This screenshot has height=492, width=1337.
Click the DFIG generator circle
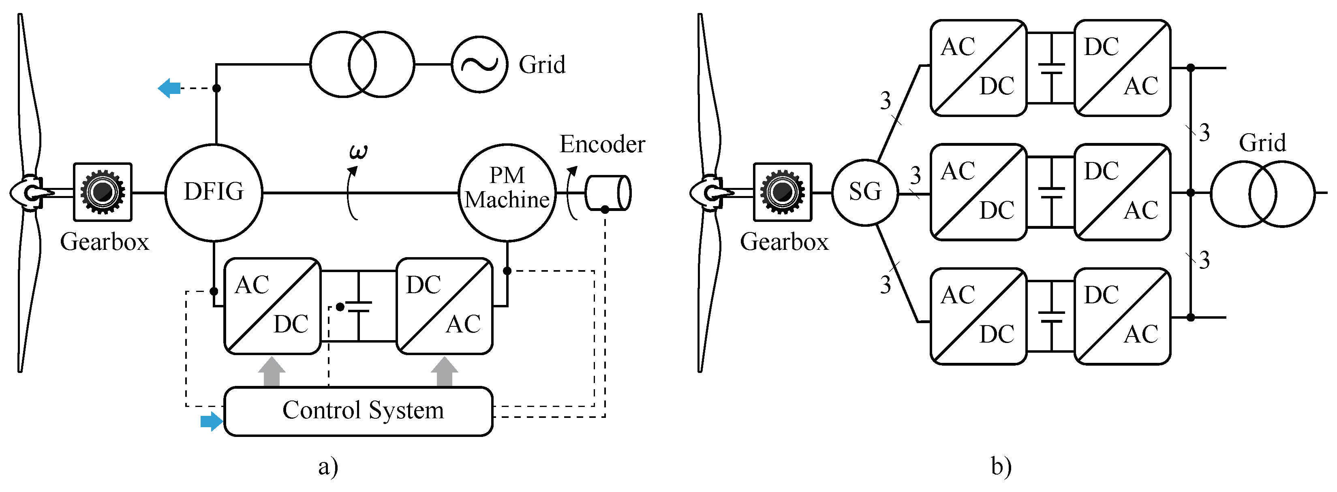click(x=213, y=192)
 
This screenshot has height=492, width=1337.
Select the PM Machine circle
click(x=507, y=192)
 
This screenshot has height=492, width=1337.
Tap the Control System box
click(x=358, y=411)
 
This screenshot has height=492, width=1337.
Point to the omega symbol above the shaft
click(x=358, y=152)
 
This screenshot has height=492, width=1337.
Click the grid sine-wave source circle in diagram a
click(x=479, y=64)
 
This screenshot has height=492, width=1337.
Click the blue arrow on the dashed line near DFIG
click(x=169, y=88)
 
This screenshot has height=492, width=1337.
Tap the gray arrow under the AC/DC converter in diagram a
click(x=272, y=372)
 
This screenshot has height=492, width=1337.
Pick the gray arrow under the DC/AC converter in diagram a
click(x=444, y=372)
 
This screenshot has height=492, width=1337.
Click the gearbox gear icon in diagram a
click(x=103, y=192)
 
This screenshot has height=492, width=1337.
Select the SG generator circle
click(x=865, y=192)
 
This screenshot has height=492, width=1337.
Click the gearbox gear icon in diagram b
click(x=782, y=192)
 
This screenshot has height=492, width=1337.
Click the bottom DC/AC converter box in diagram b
click(x=1122, y=316)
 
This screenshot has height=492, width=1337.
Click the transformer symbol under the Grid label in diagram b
click(x=1262, y=194)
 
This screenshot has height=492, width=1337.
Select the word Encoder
click(x=602, y=144)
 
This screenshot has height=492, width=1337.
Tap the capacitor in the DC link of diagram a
click(x=359, y=307)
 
